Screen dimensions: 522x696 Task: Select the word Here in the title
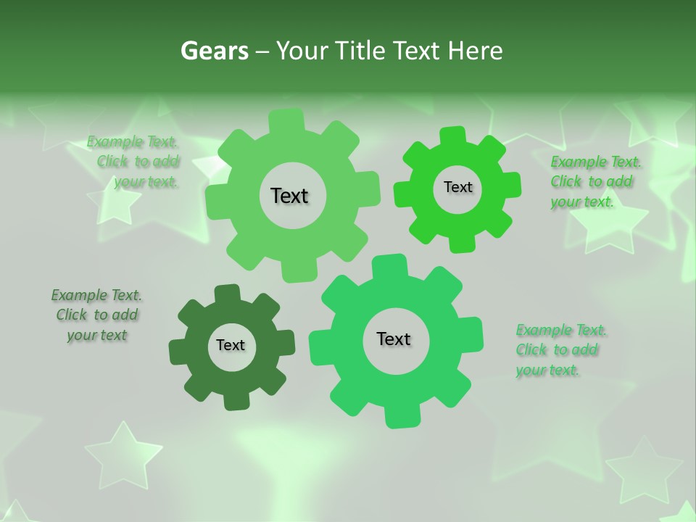(x=475, y=51)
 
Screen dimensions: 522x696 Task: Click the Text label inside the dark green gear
(x=231, y=345)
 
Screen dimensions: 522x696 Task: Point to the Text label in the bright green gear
(x=457, y=187)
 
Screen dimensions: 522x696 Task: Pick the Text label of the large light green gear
(x=289, y=196)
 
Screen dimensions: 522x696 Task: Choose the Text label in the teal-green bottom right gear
(x=394, y=339)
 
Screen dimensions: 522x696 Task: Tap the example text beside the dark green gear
(x=97, y=315)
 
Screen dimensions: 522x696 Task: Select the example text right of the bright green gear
(x=591, y=181)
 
